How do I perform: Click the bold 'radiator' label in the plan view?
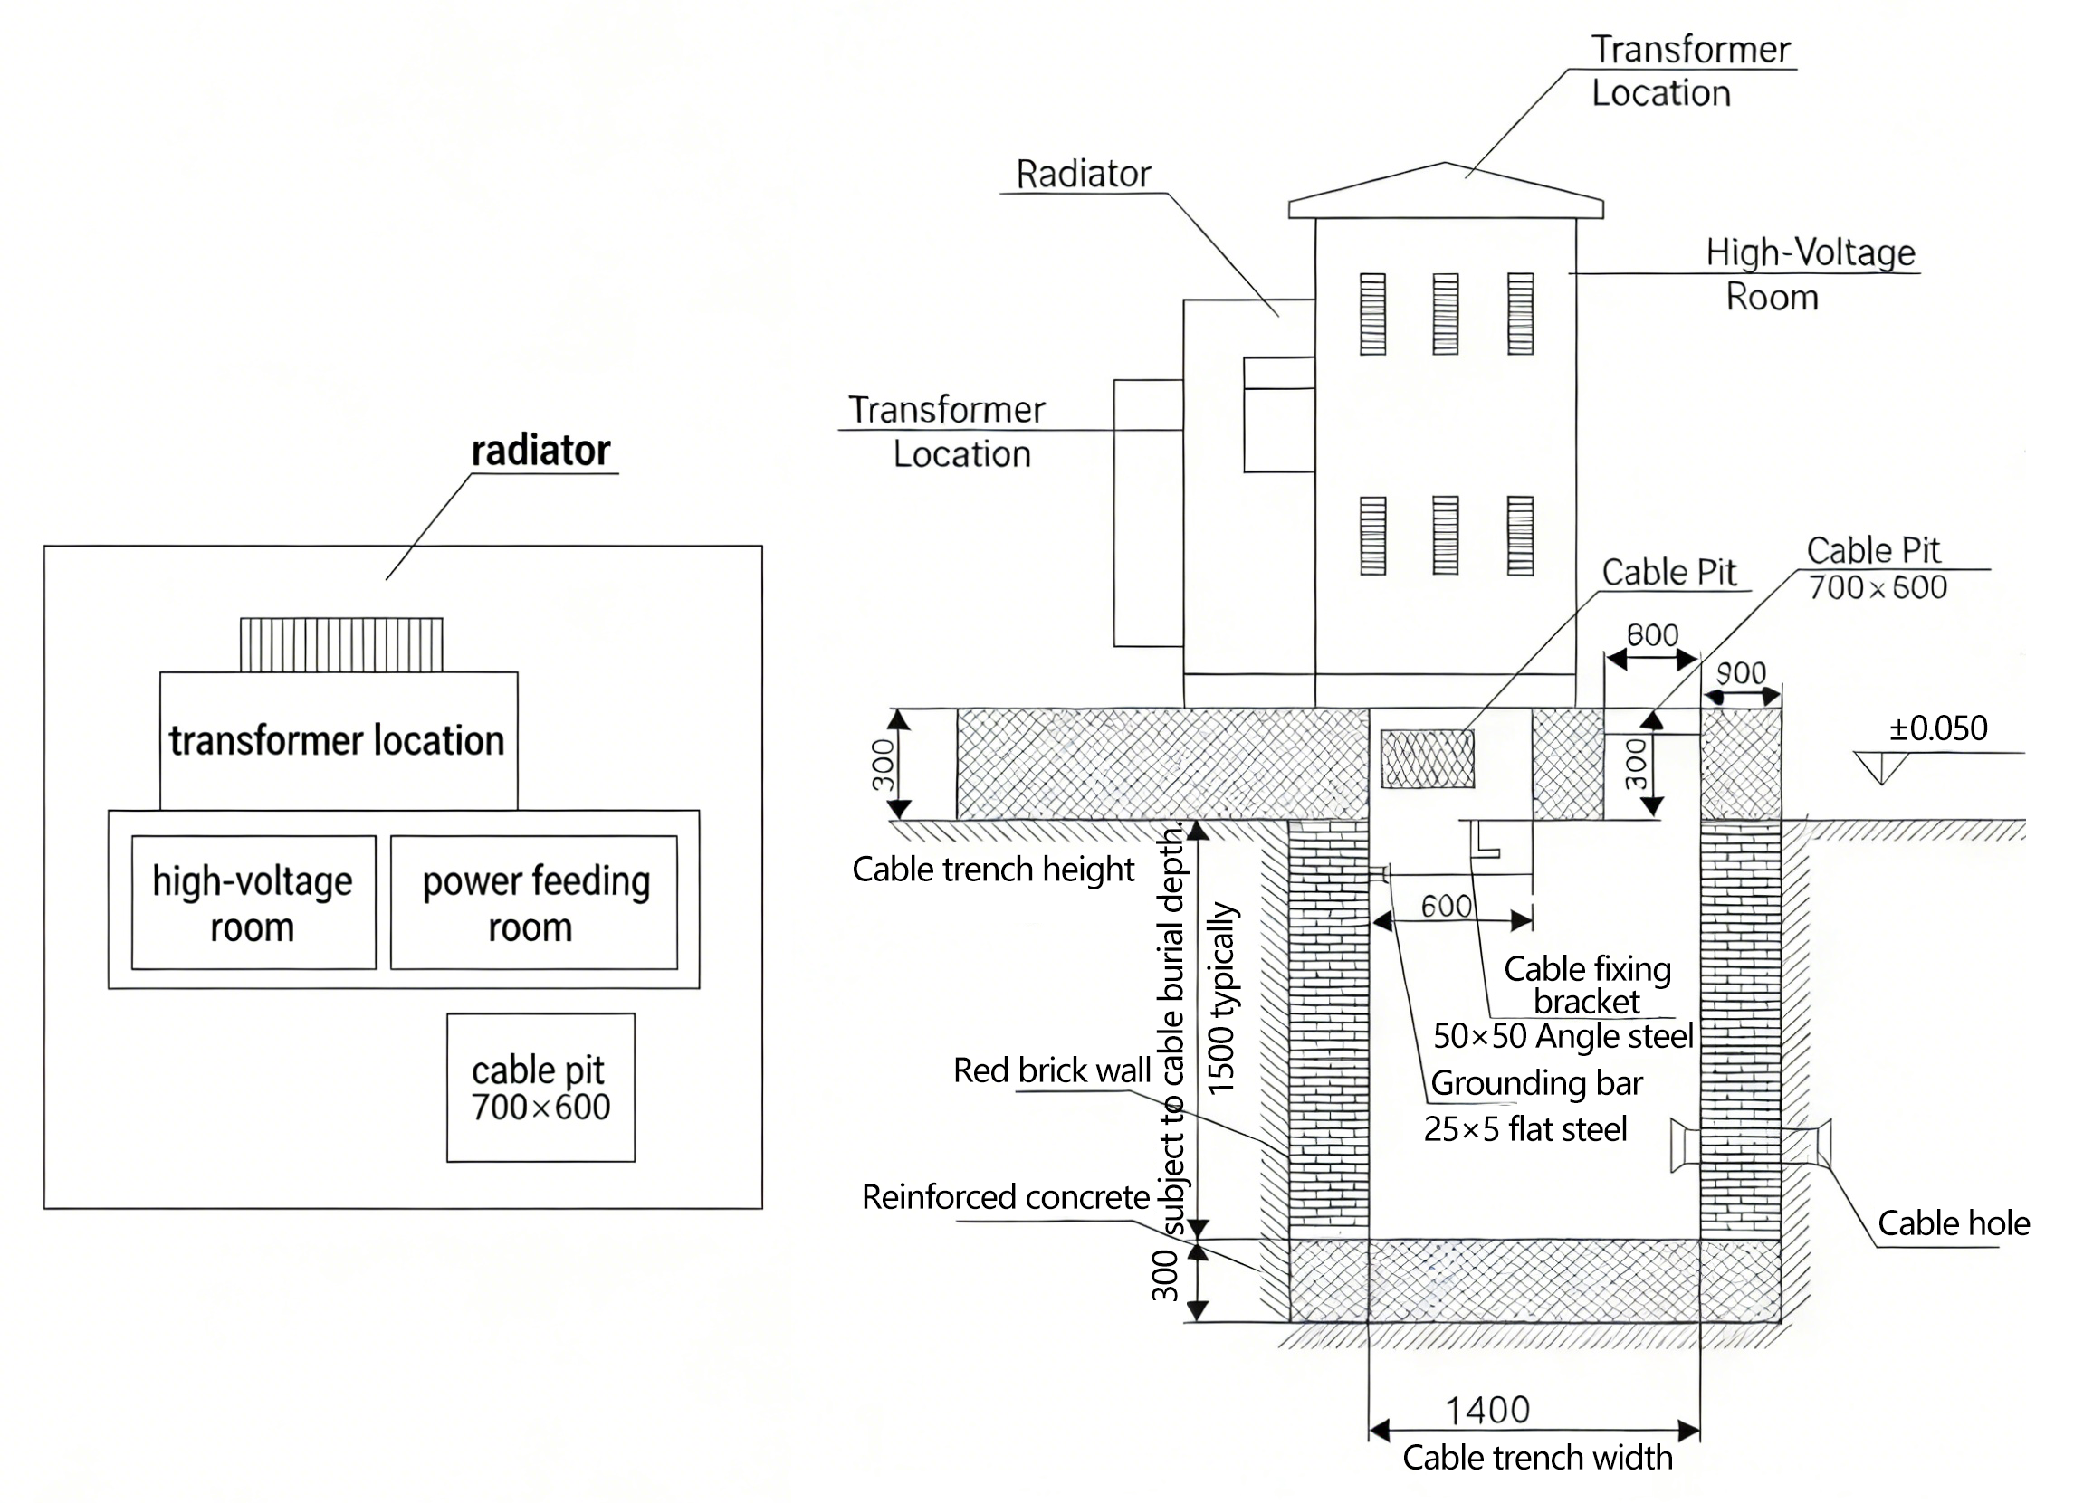[540, 452]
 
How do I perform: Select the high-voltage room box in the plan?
[253, 902]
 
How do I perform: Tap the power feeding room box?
[534, 902]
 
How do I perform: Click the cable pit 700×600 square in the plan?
[540, 1087]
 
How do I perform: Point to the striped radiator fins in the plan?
[341, 644]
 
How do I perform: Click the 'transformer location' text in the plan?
[337, 741]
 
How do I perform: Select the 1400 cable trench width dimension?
[1486, 1410]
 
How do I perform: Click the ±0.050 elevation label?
[1938, 729]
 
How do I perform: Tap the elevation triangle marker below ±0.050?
[1882, 766]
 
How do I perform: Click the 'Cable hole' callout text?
[1954, 1223]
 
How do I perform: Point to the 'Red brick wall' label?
[1051, 1070]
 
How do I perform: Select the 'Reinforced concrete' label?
[1005, 1196]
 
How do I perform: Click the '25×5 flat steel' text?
[1524, 1129]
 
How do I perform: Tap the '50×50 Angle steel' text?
[1563, 1036]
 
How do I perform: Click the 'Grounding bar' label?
[1536, 1083]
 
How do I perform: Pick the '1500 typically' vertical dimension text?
[1221, 998]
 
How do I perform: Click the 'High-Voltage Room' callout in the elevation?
[1809, 273]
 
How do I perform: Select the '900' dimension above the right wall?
[1741, 673]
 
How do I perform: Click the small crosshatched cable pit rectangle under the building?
[1427, 758]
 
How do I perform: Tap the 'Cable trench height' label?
[993, 870]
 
